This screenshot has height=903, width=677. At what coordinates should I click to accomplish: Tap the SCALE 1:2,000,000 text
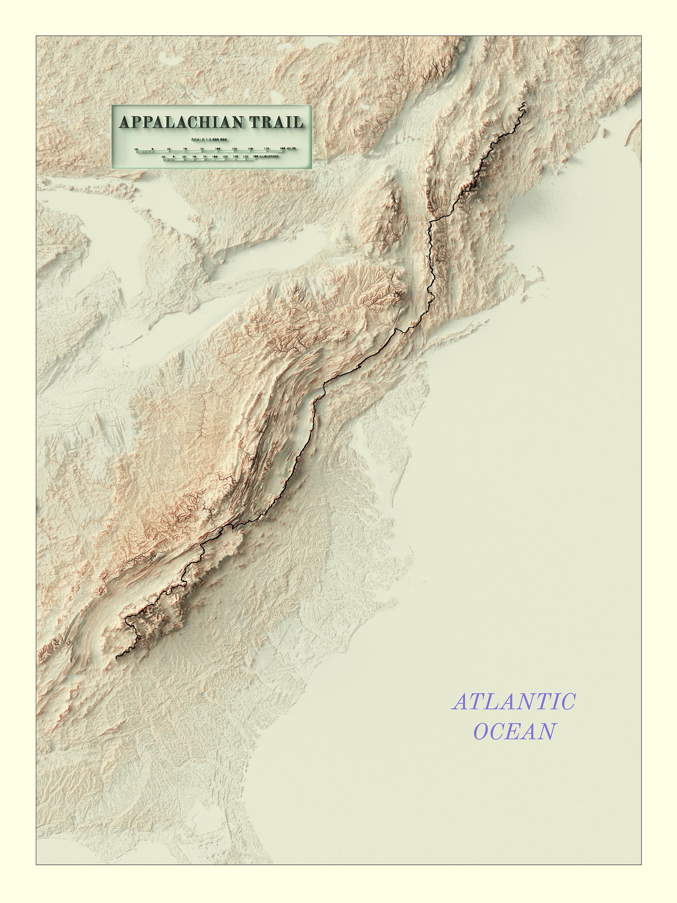209,140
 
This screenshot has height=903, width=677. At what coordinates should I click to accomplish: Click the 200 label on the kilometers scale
256,156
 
